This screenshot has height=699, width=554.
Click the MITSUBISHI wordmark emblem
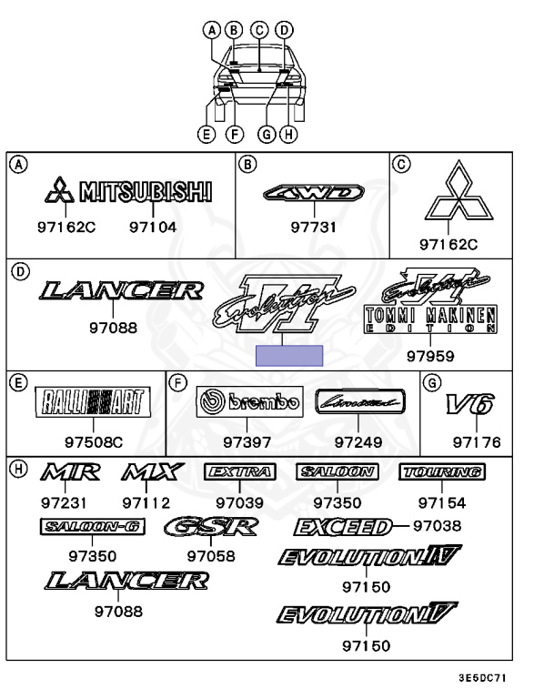(146, 191)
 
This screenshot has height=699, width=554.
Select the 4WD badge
(314, 192)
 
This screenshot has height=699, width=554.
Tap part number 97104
(153, 228)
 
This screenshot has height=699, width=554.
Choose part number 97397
(247, 442)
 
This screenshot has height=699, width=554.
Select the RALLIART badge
(93, 401)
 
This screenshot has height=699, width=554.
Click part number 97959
(430, 356)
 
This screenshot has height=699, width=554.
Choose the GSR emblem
(211, 527)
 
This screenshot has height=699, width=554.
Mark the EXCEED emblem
(343, 527)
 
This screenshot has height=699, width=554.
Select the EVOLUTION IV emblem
(369, 556)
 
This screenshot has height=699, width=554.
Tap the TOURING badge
(441, 471)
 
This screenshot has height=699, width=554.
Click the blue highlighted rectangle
(289, 356)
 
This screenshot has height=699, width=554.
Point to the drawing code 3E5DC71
(482, 679)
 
